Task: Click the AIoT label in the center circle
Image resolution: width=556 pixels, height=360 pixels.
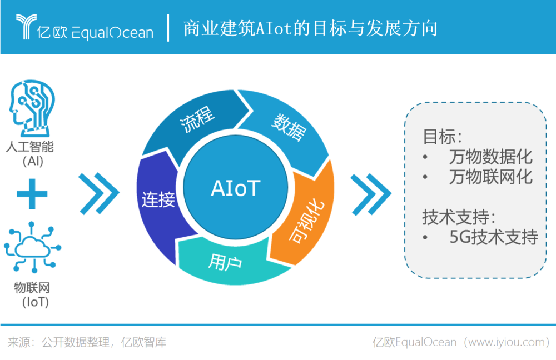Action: (x=236, y=188)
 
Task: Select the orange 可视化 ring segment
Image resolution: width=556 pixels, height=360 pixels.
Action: (x=305, y=216)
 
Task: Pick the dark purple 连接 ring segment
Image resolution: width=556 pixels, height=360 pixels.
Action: (x=158, y=202)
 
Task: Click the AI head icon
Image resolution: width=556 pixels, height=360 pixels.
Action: (x=32, y=108)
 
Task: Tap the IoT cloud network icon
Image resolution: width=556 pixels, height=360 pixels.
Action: (x=32, y=247)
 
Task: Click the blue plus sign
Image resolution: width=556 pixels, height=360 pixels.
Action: (x=32, y=194)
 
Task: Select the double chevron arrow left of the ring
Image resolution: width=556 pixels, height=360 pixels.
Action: (x=99, y=193)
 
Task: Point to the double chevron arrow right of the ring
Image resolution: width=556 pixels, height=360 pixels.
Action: (x=371, y=194)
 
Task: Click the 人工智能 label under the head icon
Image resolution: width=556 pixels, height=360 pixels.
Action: (x=30, y=147)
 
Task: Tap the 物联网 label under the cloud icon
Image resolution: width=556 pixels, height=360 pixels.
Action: (x=32, y=287)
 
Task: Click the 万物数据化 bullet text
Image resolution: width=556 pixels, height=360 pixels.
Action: (x=491, y=157)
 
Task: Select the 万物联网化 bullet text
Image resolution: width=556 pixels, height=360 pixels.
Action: (x=491, y=177)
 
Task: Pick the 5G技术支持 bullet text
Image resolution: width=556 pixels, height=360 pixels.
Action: (x=494, y=237)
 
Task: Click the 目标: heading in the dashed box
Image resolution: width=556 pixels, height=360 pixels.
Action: (x=443, y=137)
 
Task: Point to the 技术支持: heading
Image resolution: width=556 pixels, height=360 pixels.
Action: (x=459, y=217)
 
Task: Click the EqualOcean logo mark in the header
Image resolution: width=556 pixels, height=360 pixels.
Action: (x=26, y=26)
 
